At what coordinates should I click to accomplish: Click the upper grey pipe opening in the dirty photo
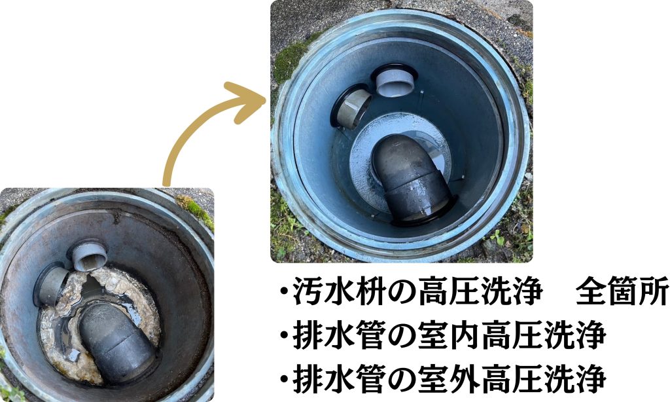(x=89, y=256)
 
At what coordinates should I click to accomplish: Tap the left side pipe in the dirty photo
(x=51, y=284)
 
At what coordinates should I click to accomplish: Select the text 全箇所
(x=622, y=291)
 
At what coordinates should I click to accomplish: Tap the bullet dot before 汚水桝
(x=283, y=291)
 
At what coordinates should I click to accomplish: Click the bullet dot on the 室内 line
(x=283, y=336)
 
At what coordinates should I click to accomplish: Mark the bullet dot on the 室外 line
(x=283, y=379)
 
